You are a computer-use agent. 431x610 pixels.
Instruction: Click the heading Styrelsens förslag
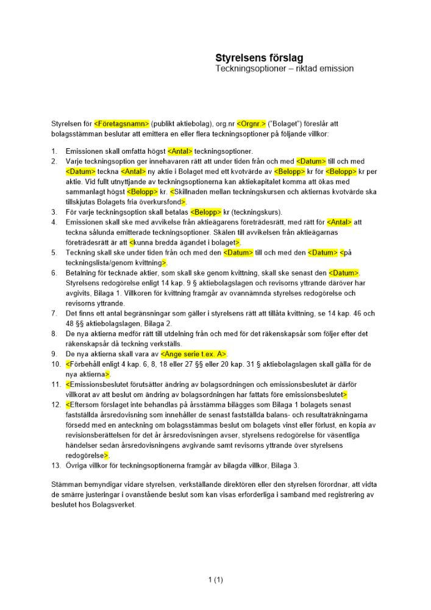coord(259,58)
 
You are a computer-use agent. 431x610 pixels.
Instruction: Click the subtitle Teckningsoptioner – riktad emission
coord(284,69)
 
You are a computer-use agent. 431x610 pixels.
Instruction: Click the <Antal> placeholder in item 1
coord(180,151)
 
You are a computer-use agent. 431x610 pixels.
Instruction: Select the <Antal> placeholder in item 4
coord(340,222)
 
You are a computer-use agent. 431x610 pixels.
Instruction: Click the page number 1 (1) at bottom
coord(216,579)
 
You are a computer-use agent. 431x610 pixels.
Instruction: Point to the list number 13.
coord(55,466)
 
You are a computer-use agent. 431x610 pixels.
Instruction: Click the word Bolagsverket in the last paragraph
coord(116,504)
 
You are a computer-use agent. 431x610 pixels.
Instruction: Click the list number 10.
coord(55,364)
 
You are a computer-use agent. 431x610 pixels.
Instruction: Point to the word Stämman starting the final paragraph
coord(66,484)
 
